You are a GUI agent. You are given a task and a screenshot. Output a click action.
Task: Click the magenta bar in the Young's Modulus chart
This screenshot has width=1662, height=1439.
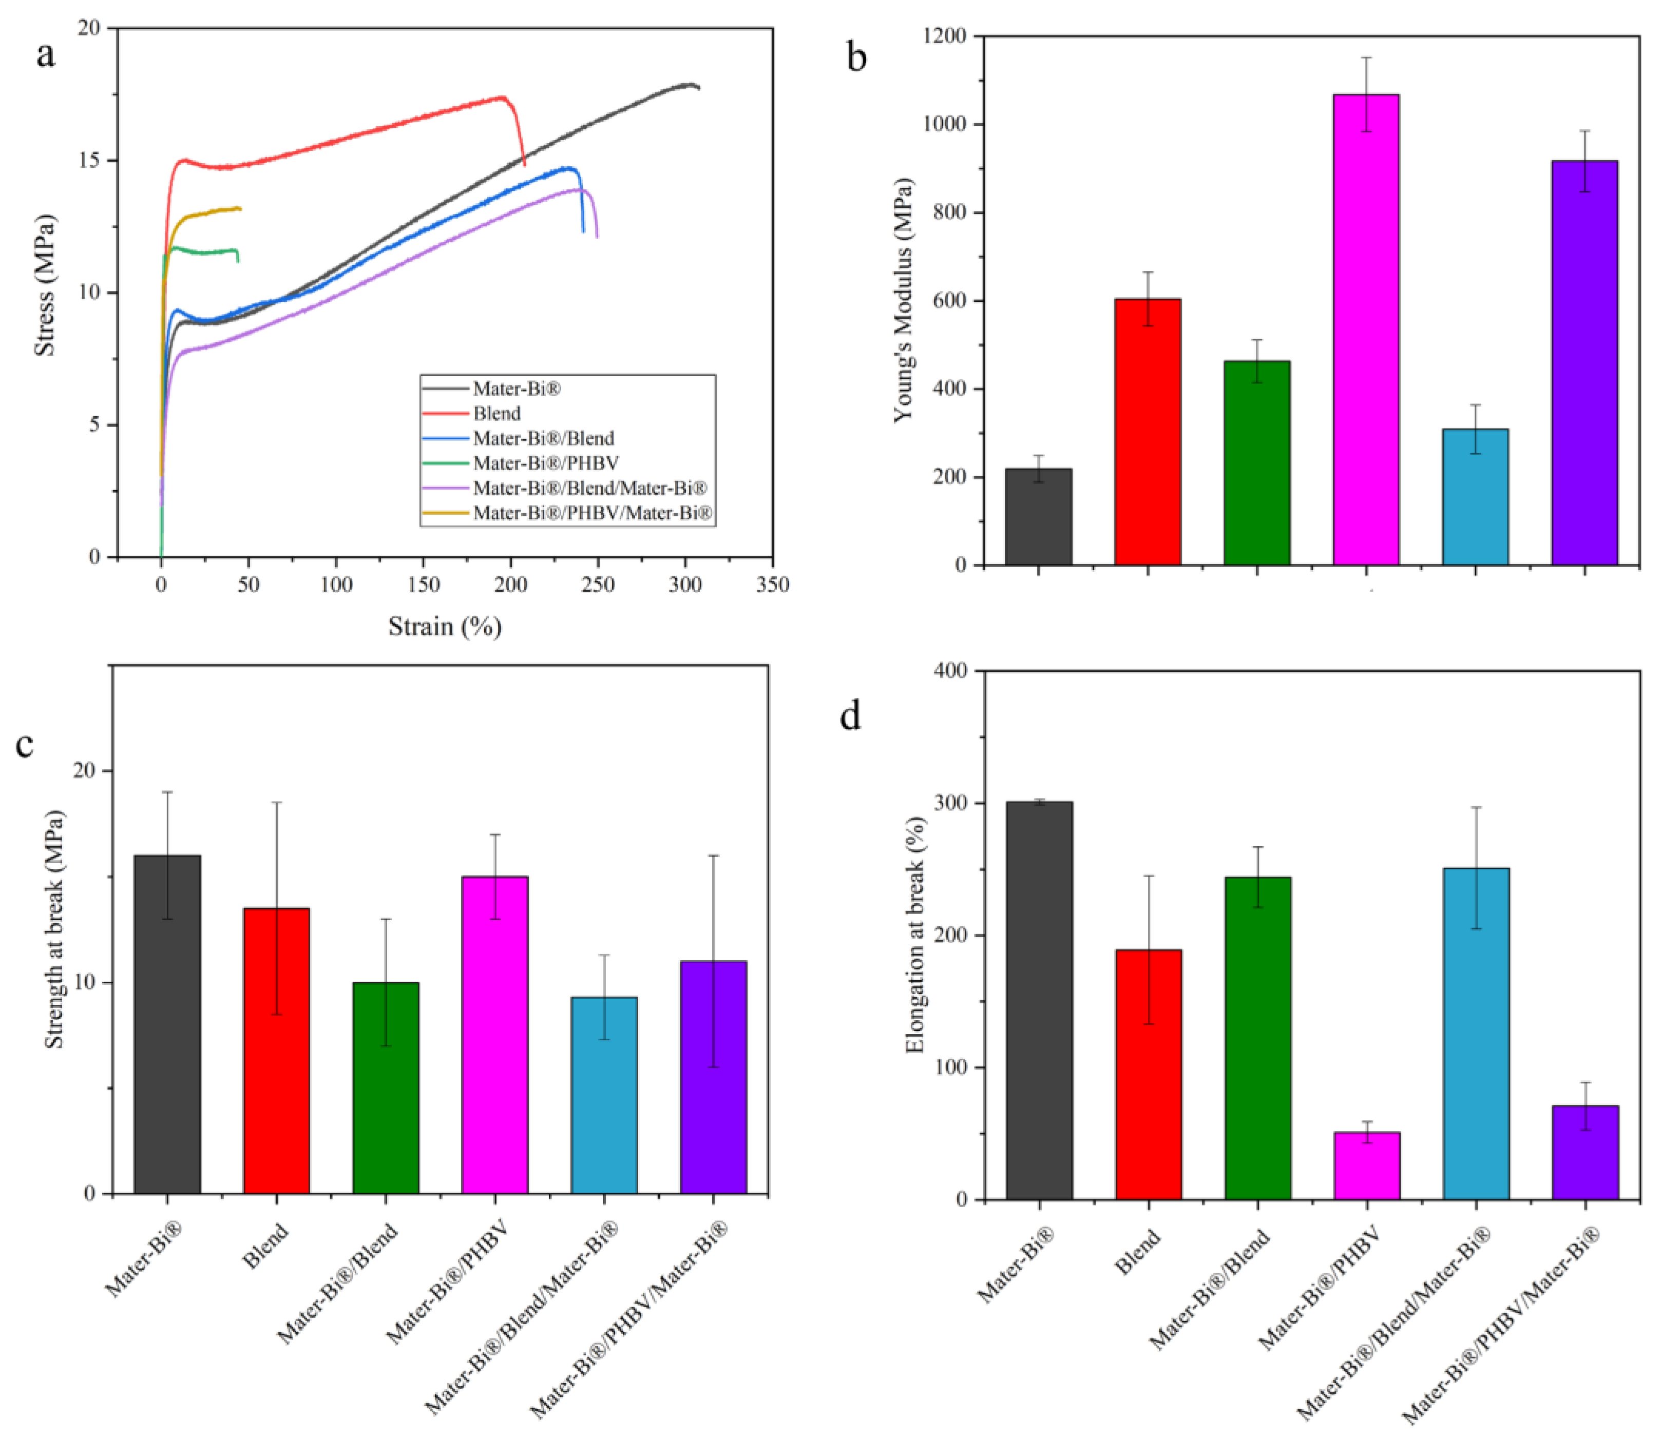[1366, 329]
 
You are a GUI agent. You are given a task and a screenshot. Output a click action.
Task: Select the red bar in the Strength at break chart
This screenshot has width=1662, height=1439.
[276, 1051]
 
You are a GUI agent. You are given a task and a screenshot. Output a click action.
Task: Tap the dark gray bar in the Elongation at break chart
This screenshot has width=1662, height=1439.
[1039, 1001]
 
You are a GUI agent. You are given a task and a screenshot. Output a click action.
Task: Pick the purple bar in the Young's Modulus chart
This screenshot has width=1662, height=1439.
[1584, 363]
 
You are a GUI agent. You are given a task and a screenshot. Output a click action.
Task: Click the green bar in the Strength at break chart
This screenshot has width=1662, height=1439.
[386, 1088]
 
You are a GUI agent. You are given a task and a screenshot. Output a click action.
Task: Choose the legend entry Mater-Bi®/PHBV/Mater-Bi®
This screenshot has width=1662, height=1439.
[593, 513]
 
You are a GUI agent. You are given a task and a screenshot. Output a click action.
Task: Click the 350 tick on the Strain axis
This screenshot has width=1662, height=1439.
[773, 585]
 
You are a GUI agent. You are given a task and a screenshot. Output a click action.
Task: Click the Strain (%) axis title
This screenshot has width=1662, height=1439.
[445, 626]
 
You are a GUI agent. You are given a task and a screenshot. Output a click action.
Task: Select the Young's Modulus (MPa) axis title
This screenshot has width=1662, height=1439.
[904, 299]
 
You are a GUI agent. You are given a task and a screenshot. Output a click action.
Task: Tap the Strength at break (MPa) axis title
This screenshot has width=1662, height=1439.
[54, 929]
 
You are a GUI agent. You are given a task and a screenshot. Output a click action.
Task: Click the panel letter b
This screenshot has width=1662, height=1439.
[857, 58]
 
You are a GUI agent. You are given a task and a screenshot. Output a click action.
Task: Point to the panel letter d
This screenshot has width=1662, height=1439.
[850, 714]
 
